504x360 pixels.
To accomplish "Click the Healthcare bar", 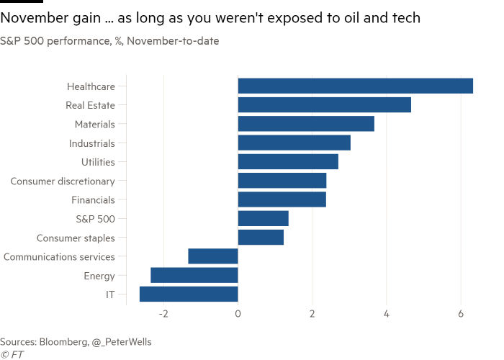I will pyautogui.click(x=356, y=86).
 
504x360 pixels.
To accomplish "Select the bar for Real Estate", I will pyautogui.click(x=324, y=105).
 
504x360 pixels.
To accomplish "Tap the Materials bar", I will pyautogui.click(x=306, y=124).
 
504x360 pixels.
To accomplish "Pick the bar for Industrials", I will pyautogui.click(x=294, y=143).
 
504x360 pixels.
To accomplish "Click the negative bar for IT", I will pyautogui.click(x=188, y=294).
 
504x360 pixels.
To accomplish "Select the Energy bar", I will pyautogui.click(x=194, y=275).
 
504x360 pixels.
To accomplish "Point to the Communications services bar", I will pyautogui.click(x=212, y=256).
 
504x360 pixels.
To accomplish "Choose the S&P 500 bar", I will pyautogui.click(x=263, y=218).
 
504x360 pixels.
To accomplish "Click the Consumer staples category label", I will pyautogui.click(x=76, y=238).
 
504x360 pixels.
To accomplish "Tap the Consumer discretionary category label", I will pyautogui.click(x=63, y=181).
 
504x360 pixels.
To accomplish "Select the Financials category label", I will pyautogui.click(x=93, y=199).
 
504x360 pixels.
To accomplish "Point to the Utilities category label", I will pyautogui.click(x=98, y=162).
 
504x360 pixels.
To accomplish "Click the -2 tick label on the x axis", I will pyautogui.click(x=163, y=314).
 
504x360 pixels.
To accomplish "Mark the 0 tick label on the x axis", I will pyautogui.click(x=238, y=314).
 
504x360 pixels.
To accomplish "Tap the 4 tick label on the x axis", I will pyautogui.click(x=387, y=314).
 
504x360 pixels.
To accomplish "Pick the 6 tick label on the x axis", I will pyautogui.click(x=461, y=314).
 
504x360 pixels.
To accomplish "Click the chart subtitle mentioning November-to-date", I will pyautogui.click(x=109, y=41).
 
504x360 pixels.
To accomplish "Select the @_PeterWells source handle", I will pyautogui.click(x=122, y=341).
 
